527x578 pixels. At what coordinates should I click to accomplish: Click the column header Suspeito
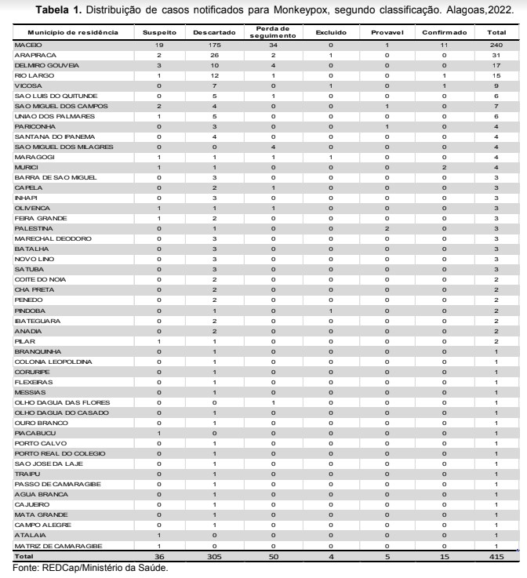pyautogui.click(x=158, y=34)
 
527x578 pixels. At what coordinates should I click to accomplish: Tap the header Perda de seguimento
pyautogui.click(x=271, y=34)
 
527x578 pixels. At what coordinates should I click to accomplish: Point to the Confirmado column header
pyautogui.click(x=444, y=34)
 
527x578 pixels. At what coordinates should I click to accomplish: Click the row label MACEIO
pyautogui.click(x=28, y=47)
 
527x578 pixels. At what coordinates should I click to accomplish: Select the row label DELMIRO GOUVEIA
pyautogui.click(x=42, y=67)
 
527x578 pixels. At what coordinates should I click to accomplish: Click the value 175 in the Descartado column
pyautogui.click(x=214, y=47)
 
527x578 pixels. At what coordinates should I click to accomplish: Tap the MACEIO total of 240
pyautogui.click(x=496, y=47)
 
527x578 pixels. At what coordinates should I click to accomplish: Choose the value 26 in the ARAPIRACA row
pyautogui.click(x=214, y=56)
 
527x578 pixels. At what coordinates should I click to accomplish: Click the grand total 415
pyautogui.click(x=496, y=556)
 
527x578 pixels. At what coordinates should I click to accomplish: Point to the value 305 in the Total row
pyautogui.click(x=214, y=556)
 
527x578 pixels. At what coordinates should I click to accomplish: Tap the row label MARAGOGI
pyautogui.click(x=32, y=158)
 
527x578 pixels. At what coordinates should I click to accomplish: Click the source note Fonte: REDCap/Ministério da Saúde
pyautogui.click(x=90, y=568)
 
